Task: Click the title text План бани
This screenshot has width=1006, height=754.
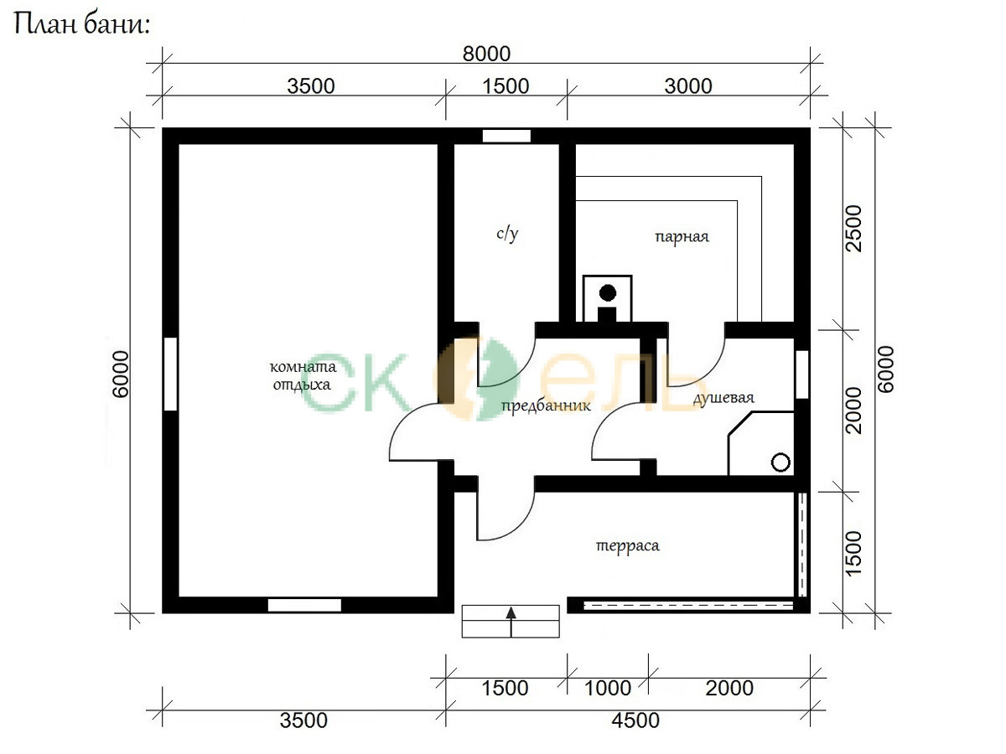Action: click(x=82, y=23)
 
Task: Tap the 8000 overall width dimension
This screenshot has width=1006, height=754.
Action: click(x=486, y=54)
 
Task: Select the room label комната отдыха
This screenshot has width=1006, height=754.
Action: click(x=303, y=375)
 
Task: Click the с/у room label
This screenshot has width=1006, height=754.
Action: click(x=507, y=234)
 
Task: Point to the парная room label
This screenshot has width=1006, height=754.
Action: click(x=682, y=237)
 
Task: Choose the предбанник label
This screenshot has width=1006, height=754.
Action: click(x=546, y=406)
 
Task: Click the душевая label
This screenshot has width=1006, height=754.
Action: click(x=723, y=398)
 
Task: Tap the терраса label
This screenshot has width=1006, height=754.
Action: click(x=627, y=545)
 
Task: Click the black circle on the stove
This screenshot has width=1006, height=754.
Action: click(x=608, y=293)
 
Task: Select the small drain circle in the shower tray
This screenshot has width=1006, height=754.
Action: click(x=781, y=462)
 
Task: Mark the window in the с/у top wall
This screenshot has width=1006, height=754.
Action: click(x=506, y=136)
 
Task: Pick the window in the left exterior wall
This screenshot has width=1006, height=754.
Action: click(x=170, y=374)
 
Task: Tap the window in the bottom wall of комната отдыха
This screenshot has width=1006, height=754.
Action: click(x=304, y=605)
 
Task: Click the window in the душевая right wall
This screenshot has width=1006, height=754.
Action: click(x=801, y=374)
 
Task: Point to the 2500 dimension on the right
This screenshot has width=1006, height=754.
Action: click(x=853, y=229)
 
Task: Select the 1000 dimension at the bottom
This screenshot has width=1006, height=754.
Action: click(x=608, y=688)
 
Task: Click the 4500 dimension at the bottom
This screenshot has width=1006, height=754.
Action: click(x=635, y=720)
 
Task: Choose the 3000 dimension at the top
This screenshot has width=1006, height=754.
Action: click(x=688, y=86)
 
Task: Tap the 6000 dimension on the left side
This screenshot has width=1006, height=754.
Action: click(x=121, y=374)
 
